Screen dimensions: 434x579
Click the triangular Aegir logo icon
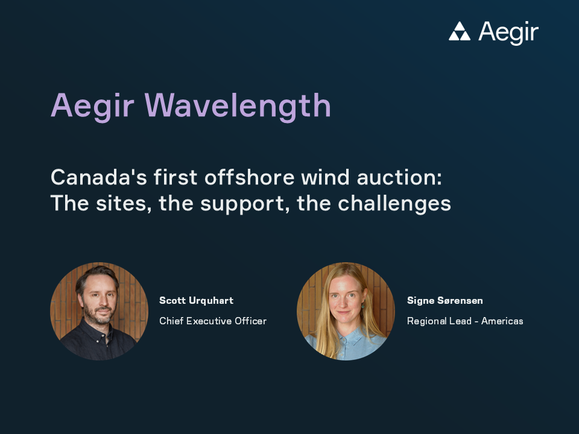tap(460, 32)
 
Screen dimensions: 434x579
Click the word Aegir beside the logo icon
tap(508, 33)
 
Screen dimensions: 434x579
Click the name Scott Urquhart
tap(196, 300)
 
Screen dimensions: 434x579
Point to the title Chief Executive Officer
tap(212, 321)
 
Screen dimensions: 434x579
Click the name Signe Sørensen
tap(445, 300)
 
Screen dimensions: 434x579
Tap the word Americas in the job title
tap(502, 321)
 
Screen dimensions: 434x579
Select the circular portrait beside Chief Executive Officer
tap(99, 311)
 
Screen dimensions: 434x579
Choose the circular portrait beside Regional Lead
tap(346, 311)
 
